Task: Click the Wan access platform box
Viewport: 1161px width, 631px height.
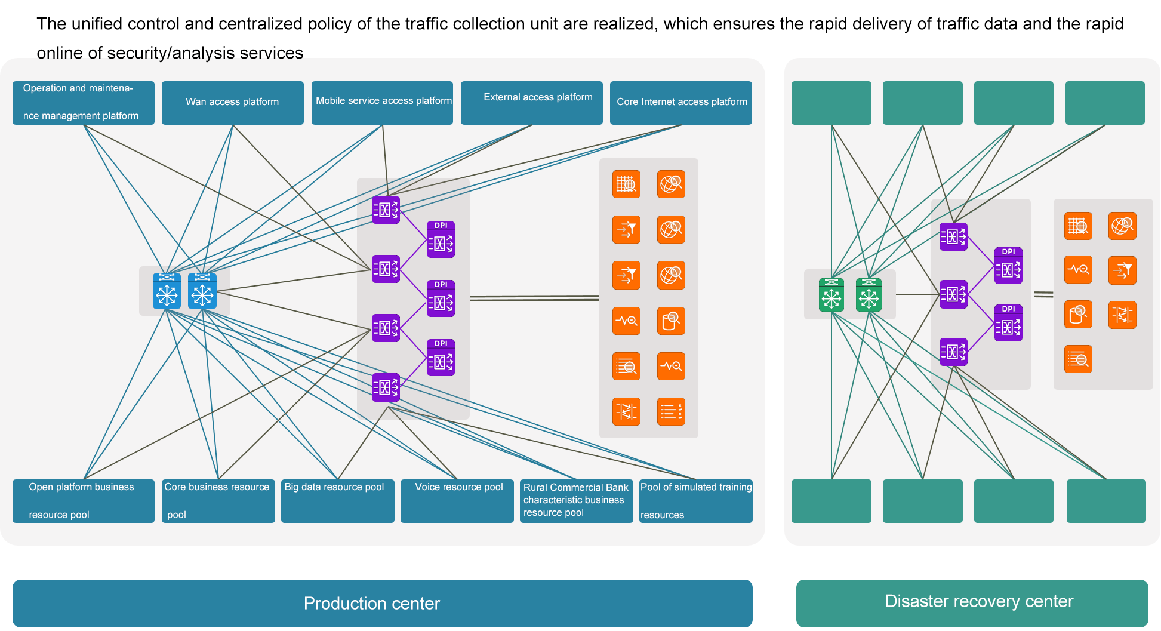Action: pos(232,103)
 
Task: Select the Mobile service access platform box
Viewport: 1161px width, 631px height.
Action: pos(382,103)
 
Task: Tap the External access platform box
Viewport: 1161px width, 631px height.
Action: pos(531,103)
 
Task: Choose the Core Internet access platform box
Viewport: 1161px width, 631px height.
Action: pos(680,103)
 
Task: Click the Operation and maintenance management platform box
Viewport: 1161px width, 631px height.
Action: pos(83,103)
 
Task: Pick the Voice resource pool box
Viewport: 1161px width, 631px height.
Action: pos(457,501)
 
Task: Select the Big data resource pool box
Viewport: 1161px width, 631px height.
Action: pos(337,501)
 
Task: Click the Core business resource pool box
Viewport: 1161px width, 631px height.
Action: pos(218,501)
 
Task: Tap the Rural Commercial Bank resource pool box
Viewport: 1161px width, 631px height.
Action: pos(576,501)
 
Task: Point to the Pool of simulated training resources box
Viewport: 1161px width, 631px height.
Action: pos(695,501)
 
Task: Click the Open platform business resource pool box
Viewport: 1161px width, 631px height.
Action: pos(83,501)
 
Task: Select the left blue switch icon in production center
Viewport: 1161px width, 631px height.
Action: pos(167,291)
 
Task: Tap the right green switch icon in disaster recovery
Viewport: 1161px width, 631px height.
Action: pos(869,295)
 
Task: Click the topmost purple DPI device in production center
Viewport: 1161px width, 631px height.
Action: pos(441,239)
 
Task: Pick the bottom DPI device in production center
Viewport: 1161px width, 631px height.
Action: pos(441,358)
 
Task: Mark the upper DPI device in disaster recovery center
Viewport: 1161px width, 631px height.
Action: pos(1008,266)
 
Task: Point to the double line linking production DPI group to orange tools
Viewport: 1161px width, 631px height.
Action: pos(534,298)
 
